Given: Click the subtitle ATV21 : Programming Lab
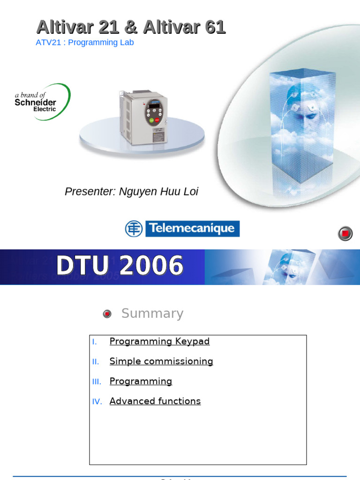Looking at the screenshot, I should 85,43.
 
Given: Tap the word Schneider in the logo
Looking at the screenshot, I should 35,102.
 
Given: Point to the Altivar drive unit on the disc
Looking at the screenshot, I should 143,117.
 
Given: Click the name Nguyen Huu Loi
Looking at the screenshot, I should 158,192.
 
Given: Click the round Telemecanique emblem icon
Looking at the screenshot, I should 134,229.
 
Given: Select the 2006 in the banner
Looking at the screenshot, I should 151,266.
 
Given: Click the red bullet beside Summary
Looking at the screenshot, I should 107,314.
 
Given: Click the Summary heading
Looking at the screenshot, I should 152,314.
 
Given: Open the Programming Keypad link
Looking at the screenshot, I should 159,341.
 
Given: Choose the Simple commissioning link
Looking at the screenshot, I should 161,361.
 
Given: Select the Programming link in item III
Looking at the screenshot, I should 141,382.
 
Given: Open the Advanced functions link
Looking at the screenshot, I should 155,401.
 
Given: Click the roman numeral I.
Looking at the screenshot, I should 95,342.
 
